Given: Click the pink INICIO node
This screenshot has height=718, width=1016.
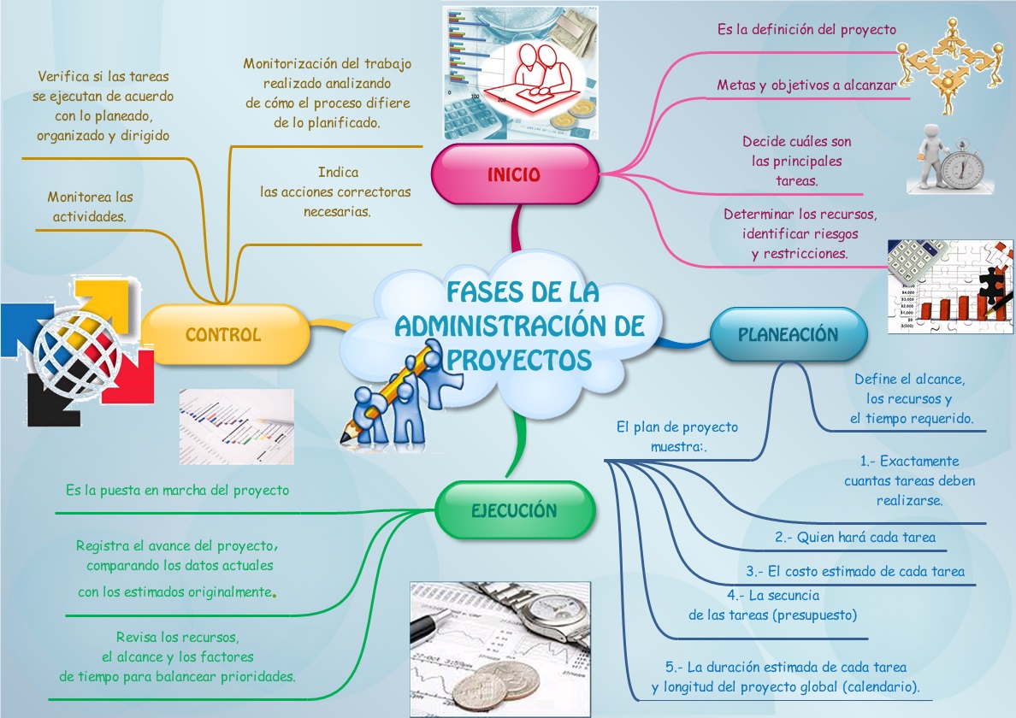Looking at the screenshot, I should click(x=514, y=174).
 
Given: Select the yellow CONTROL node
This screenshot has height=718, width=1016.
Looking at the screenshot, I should click(x=223, y=334).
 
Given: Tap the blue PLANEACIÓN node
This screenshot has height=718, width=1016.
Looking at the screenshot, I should click(x=788, y=334).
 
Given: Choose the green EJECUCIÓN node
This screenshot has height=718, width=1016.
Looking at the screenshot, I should click(x=514, y=510).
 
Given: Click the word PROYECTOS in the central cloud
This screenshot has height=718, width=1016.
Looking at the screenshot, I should click(x=519, y=359).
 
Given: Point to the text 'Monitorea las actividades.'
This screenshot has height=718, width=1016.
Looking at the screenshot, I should click(x=90, y=207).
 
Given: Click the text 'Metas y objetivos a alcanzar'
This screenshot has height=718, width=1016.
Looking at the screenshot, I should click(x=806, y=85).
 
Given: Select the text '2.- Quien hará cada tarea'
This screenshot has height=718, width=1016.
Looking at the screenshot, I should click(x=855, y=538).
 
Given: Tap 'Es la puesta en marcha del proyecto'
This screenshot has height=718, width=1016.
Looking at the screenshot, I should click(x=177, y=491).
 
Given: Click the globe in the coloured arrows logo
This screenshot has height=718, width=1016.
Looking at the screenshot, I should click(x=75, y=353).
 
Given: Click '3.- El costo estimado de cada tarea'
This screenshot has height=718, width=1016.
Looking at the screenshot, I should click(x=855, y=572).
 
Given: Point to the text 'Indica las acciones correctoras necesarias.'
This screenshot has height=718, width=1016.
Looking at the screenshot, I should click(x=337, y=191).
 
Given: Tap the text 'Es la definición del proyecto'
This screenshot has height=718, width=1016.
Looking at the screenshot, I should click(x=806, y=30).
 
